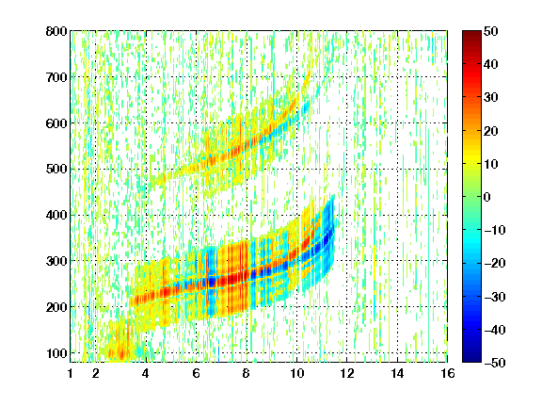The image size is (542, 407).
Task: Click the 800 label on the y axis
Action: coord(56,31)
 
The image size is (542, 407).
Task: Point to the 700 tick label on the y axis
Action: coord(56,77)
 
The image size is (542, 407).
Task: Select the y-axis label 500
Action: coord(56,170)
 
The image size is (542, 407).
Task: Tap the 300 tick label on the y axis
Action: coord(56,261)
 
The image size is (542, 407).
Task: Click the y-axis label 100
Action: coord(56,353)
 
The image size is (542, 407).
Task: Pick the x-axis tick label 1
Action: coord(71,373)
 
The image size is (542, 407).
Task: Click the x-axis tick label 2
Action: coord(96,373)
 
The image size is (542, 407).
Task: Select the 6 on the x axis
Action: coord(197,373)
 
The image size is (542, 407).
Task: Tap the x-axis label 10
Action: coord(296,373)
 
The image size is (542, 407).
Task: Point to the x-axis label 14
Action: coord(397,373)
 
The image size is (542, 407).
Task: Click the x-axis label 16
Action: coord(448,373)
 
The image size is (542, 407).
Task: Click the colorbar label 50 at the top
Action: coord(491,31)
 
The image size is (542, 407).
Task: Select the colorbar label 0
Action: coord(487,197)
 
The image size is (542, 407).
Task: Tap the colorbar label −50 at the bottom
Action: coord(495,363)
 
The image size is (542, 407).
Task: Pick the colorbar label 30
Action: coord(491,98)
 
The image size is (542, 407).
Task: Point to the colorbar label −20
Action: coord(495,264)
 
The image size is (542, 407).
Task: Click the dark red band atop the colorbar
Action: coord(471,41)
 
